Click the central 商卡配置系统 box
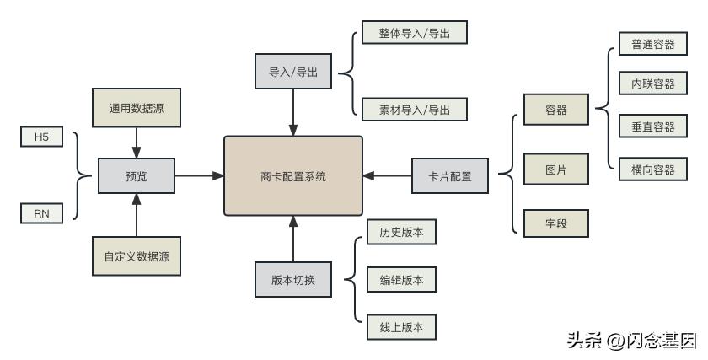[293, 176]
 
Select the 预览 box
[137, 176]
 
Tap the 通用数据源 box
[137, 108]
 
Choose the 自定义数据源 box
[137, 255]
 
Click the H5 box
[42, 137]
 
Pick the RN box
[42, 215]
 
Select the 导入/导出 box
[293, 73]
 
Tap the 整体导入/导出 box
[413, 35]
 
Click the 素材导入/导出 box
[413, 110]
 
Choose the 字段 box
[555, 223]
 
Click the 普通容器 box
[646, 43]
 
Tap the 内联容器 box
[646, 84]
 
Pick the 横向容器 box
[646, 169]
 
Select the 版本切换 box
[293, 280]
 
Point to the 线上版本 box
[401, 326]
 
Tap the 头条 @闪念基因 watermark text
[632, 341]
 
